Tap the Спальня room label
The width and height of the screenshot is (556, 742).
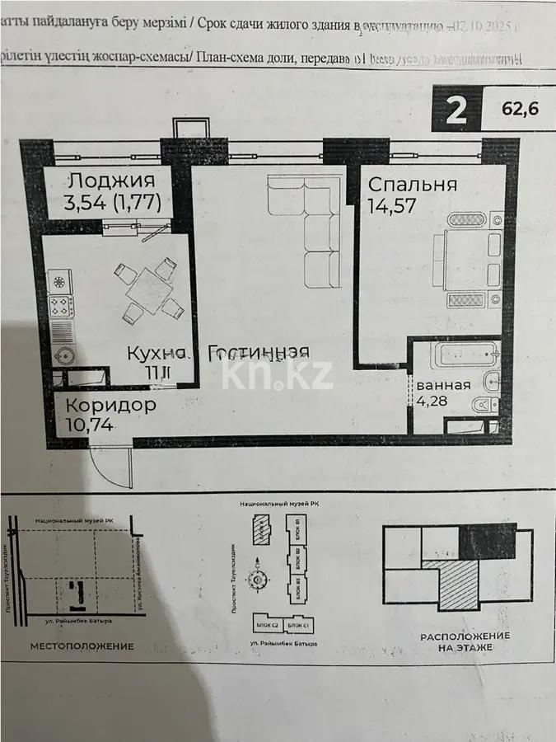[x=412, y=184]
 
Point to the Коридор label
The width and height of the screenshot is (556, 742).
[x=110, y=406]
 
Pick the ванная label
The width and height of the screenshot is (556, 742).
[x=442, y=384]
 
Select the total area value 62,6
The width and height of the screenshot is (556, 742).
[x=519, y=110]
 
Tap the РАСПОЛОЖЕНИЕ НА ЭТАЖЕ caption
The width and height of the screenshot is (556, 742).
[x=465, y=642]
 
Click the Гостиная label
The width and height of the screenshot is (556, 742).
[x=259, y=353]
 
